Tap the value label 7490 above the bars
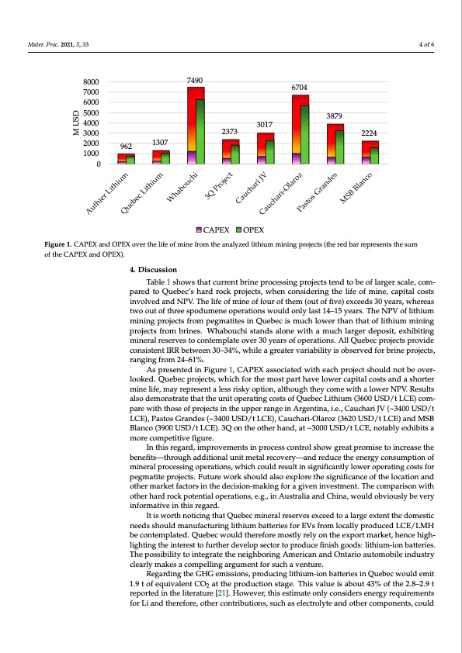point(195,80)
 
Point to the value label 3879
point(335,117)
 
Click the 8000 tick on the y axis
point(91,81)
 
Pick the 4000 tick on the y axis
point(91,123)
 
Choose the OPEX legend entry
point(250,230)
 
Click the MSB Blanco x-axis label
point(359,187)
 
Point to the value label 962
point(125,145)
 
